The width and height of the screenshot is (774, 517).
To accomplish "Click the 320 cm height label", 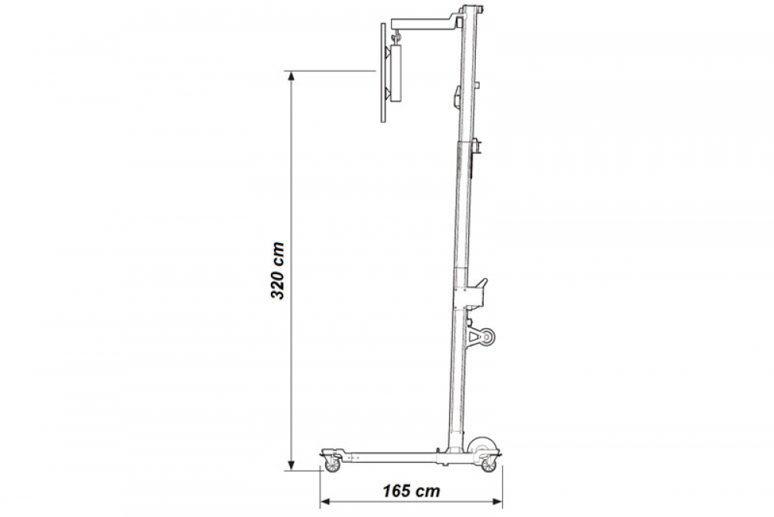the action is (277, 271).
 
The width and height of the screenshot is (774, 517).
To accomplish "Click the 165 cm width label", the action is (411, 491).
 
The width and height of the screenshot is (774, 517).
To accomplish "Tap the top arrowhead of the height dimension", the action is (291, 76).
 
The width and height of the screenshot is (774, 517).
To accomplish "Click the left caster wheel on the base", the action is (332, 464).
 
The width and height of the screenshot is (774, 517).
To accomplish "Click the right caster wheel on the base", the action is (488, 464).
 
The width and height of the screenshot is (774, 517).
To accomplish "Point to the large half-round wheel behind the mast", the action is (482, 445).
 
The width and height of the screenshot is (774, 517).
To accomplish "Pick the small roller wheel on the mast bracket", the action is (488, 337).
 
